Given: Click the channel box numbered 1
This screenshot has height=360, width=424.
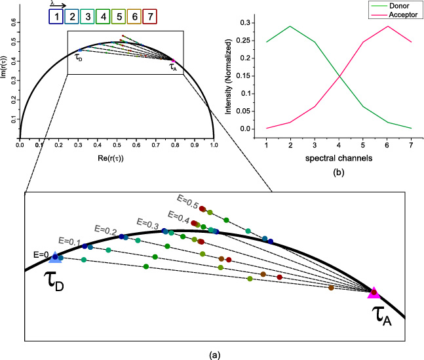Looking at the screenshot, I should point(57,14).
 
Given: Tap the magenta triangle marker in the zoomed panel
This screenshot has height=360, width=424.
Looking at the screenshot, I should point(374,293).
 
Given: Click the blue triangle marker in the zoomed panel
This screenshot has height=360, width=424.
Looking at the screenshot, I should point(55,258).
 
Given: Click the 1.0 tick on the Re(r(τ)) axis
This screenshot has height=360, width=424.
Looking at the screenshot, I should point(214,145).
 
